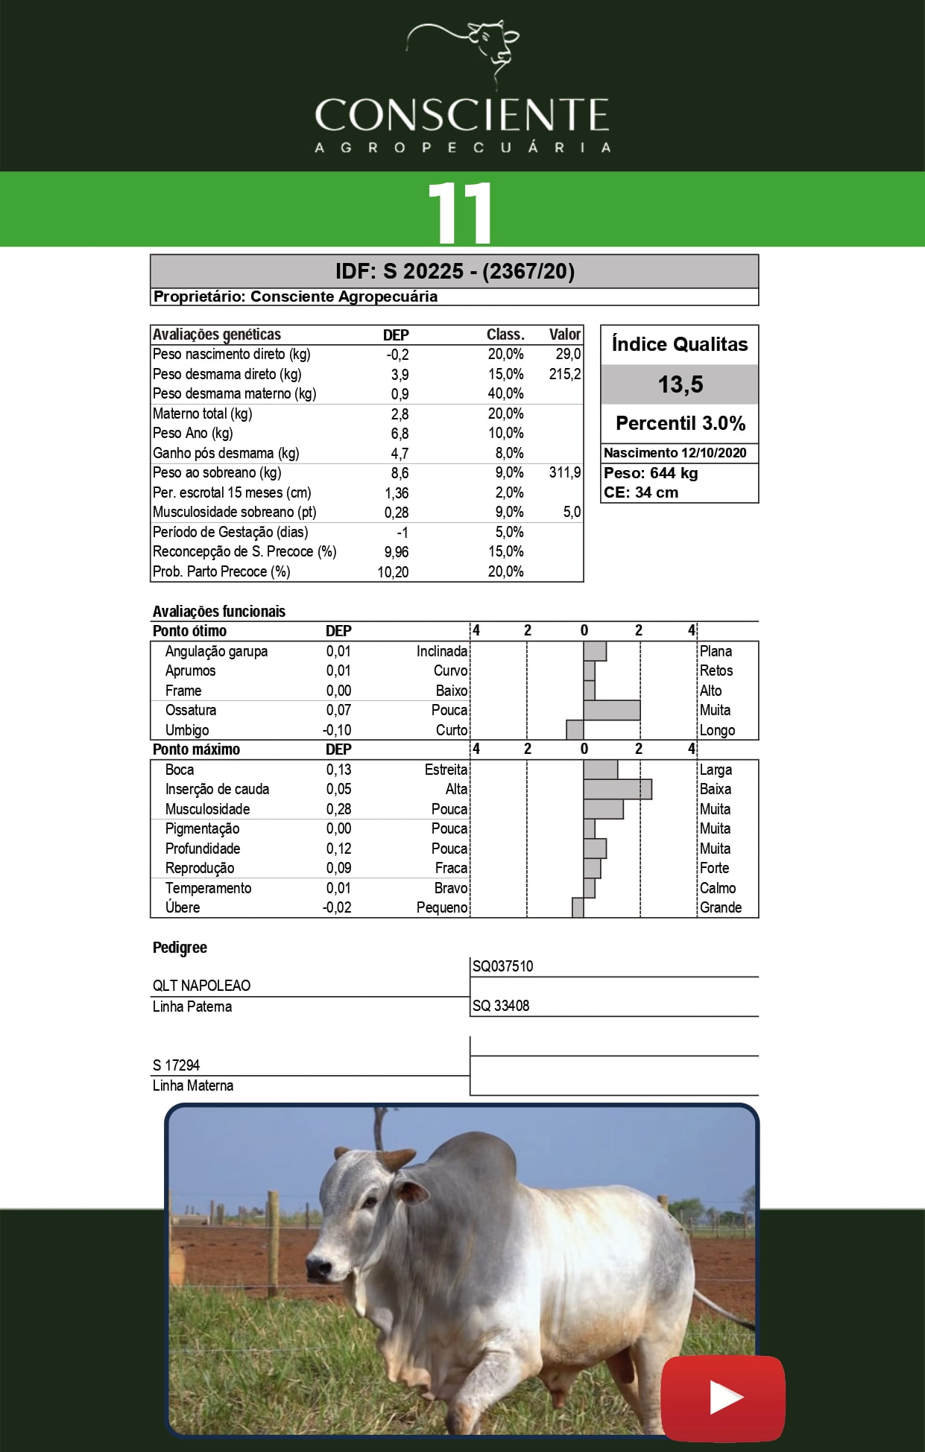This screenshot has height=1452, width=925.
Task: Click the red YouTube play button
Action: pos(722,1398)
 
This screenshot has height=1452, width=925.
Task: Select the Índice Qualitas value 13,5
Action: pos(680,384)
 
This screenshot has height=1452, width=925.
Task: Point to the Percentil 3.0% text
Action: pos(680,423)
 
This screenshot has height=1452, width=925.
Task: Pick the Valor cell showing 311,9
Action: pos(564,472)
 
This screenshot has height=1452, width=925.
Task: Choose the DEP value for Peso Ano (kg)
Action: pos(400,434)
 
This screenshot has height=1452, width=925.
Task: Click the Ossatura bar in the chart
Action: pos(611,710)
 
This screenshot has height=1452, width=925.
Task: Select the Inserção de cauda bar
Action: pos(617,789)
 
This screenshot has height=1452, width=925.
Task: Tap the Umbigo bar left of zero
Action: pos(575,730)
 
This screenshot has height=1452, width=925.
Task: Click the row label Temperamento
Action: pos(208,888)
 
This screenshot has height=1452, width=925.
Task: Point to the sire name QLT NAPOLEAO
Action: pos(201,986)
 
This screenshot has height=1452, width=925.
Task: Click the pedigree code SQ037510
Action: pos(503,966)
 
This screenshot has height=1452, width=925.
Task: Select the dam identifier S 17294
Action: pos(177,1065)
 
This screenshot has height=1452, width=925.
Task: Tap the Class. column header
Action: pos(505,335)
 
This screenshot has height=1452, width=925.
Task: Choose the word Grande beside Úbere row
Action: pos(720,907)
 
